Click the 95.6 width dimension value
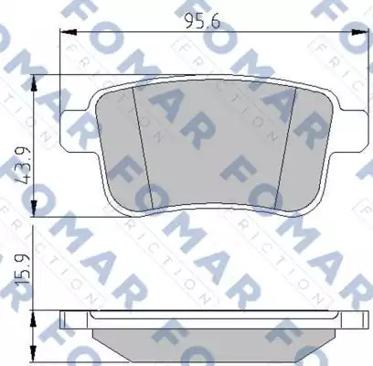(x=202, y=21)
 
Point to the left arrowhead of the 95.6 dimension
(x=69, y=31)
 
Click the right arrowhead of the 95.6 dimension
(x=359, y=32)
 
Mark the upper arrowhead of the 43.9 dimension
(x=34, y=82)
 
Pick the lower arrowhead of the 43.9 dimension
(x=34, y=209)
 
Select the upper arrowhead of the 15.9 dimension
(x=33, y=319)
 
